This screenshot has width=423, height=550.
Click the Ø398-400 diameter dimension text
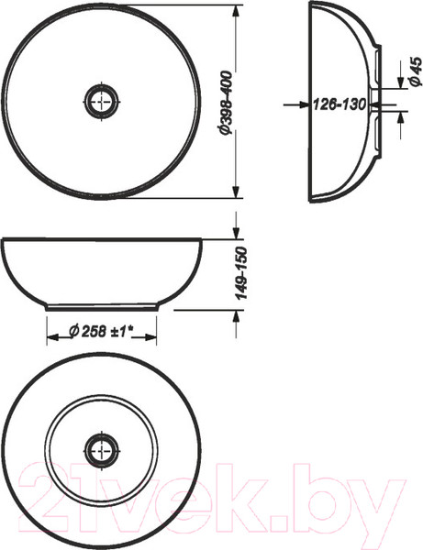pyautogui.click(x=226, y=102)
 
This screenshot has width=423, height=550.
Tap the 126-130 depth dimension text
pyautogui.click(x=339, y=104)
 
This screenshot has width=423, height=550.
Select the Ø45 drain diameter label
pyautogui.click(x=416, y=71)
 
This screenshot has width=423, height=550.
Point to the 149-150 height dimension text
pyautogui.click(x=241, y=273)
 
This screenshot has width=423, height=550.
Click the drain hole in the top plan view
pyautogui.click(x=102, y=102)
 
